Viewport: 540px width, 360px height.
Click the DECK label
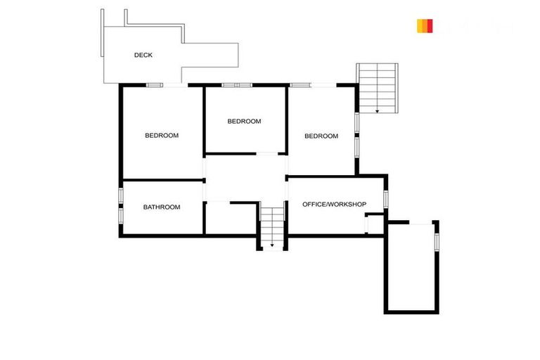[143, 55]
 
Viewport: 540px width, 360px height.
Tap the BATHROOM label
[162, 207]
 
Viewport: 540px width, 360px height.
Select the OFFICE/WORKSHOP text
[334, 204]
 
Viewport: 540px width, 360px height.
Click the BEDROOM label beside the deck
[162, 135]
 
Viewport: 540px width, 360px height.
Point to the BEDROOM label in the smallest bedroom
[244, 121]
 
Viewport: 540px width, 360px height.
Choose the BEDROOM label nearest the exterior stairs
[321, 136]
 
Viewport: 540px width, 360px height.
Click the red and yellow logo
[424, 26]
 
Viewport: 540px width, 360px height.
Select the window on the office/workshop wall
[385, 199]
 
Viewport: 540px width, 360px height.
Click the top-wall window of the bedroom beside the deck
[155, 85]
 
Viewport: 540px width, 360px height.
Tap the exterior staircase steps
[377, 84]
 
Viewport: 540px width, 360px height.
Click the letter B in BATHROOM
[146, 207]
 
